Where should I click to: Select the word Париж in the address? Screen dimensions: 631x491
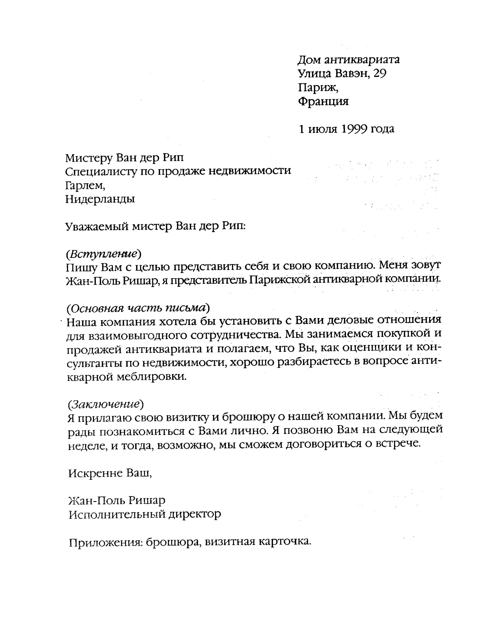pos(317,88)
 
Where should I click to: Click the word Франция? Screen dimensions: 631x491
pos(323,101)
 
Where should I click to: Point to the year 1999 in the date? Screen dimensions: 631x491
pos(354,129)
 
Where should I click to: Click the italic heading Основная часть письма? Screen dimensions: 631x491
pos(138,308)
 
